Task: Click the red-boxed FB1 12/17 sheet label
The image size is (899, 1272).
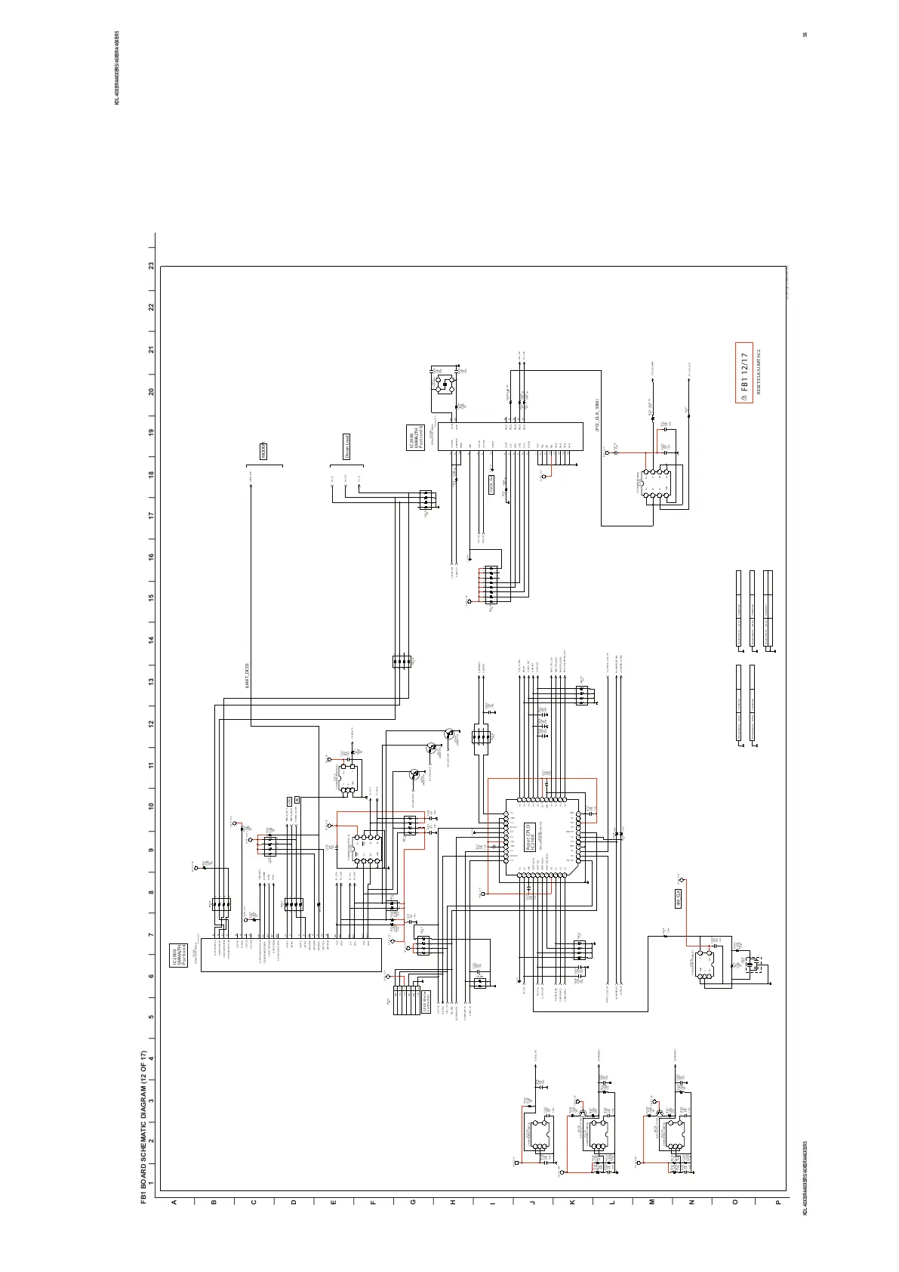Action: [744, 373]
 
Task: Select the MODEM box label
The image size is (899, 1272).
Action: [263, 451]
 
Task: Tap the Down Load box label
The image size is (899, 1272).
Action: [346, 446]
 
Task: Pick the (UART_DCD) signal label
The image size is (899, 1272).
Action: [247, 675]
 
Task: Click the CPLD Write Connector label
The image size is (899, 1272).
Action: [426, 1002]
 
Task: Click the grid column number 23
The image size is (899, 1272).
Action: [152, 267]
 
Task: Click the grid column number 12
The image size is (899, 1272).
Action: [152, 724]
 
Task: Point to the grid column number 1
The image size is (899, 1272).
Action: [152, 1183]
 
